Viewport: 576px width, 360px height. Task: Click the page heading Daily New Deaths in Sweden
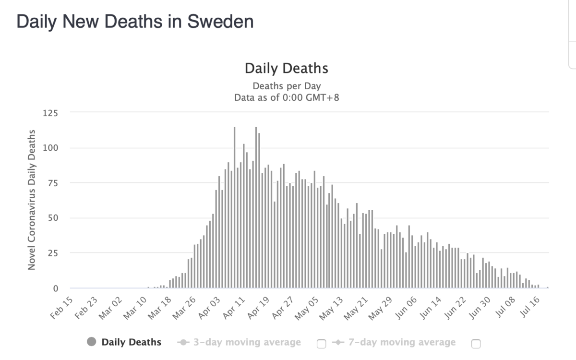[135, 22]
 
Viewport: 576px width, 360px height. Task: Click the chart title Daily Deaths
[287, 68]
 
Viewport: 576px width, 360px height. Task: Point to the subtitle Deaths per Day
[287, 86]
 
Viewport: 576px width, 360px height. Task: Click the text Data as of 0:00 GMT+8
[287, 97]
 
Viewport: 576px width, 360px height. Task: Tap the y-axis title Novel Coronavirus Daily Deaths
[32, 199]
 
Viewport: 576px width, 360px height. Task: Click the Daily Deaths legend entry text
[132, 342]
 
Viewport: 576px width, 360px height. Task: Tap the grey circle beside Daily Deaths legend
[92, 342]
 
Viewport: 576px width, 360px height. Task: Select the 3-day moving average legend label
[247, 342]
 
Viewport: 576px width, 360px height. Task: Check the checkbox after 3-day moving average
[322, 343]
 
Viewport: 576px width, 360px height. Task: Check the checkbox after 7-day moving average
[476, 343]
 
